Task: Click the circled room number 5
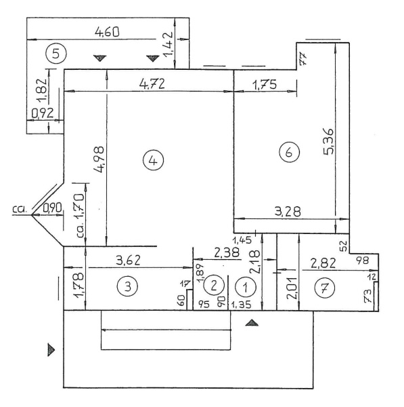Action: pyautogui.click(x=56, y=54)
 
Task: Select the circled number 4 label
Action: pyautogui.click(x=154, y=160)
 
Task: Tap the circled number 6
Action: pyautogui.click(x=289, y=152)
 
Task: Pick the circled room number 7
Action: pyautogui.click(x=325, y=288)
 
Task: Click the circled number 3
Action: pyautogui.click(x=127, y=286)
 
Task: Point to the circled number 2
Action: pyautogui.click(x=214, y=285)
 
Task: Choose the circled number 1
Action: pyautogui.click(x=246, y=287)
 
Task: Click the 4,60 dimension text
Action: pyautogui.click(x=107, y=32)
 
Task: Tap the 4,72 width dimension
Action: pyautogui.click(x=152, y=84)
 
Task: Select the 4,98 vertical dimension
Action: pyautogui.click(x=99, y=159)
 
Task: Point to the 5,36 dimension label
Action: pyautogui.click(x=329, y=142)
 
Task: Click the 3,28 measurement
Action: pyautogui.click(x=288, y=212)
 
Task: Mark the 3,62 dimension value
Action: pyautogui.click(x=128, y=260)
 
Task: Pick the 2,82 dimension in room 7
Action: pyautogui.click(x=323, y=263)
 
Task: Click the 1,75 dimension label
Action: pyautogui.click(x=265, y=85)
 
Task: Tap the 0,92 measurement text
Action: pyautogui.click(x=43, y=113)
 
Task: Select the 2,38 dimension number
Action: pyautogui.click(x=227, y=252)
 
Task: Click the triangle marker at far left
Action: pyautogui.click(x=51, y=350)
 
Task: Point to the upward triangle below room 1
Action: pyautogui.click(x=252, y=323)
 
